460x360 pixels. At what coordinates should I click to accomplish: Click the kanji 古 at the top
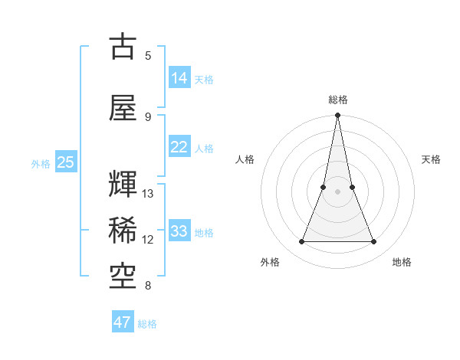click(123, 46)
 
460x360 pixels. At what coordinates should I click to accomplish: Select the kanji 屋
click(123, 107)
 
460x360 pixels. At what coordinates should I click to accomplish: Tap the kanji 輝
click(123, 185)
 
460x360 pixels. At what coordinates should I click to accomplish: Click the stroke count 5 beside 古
click(148, 56)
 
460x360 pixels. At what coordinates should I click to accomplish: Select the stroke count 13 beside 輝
click(148, 194)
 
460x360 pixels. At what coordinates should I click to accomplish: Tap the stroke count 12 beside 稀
click(148, 240)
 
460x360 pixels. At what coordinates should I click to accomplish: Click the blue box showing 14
click(179, 77)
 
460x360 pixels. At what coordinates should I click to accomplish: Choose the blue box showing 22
click(179, 146)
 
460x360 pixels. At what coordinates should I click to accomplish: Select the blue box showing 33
click(179, 231)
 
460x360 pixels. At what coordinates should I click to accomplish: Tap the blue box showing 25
click(66, 162)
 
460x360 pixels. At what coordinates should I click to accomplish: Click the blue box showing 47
click(123, 322)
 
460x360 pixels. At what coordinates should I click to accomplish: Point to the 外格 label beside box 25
click(41, 163)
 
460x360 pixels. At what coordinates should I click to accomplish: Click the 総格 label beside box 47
click(147, 324)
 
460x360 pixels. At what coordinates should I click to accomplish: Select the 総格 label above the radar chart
click(337, 100)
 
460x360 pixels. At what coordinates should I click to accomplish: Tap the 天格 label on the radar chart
click(432, 159)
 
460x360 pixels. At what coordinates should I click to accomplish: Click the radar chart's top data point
click(337, 116)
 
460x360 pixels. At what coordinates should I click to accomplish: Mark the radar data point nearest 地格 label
click(374, 242)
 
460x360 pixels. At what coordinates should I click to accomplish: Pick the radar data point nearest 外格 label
click(301, 242)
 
